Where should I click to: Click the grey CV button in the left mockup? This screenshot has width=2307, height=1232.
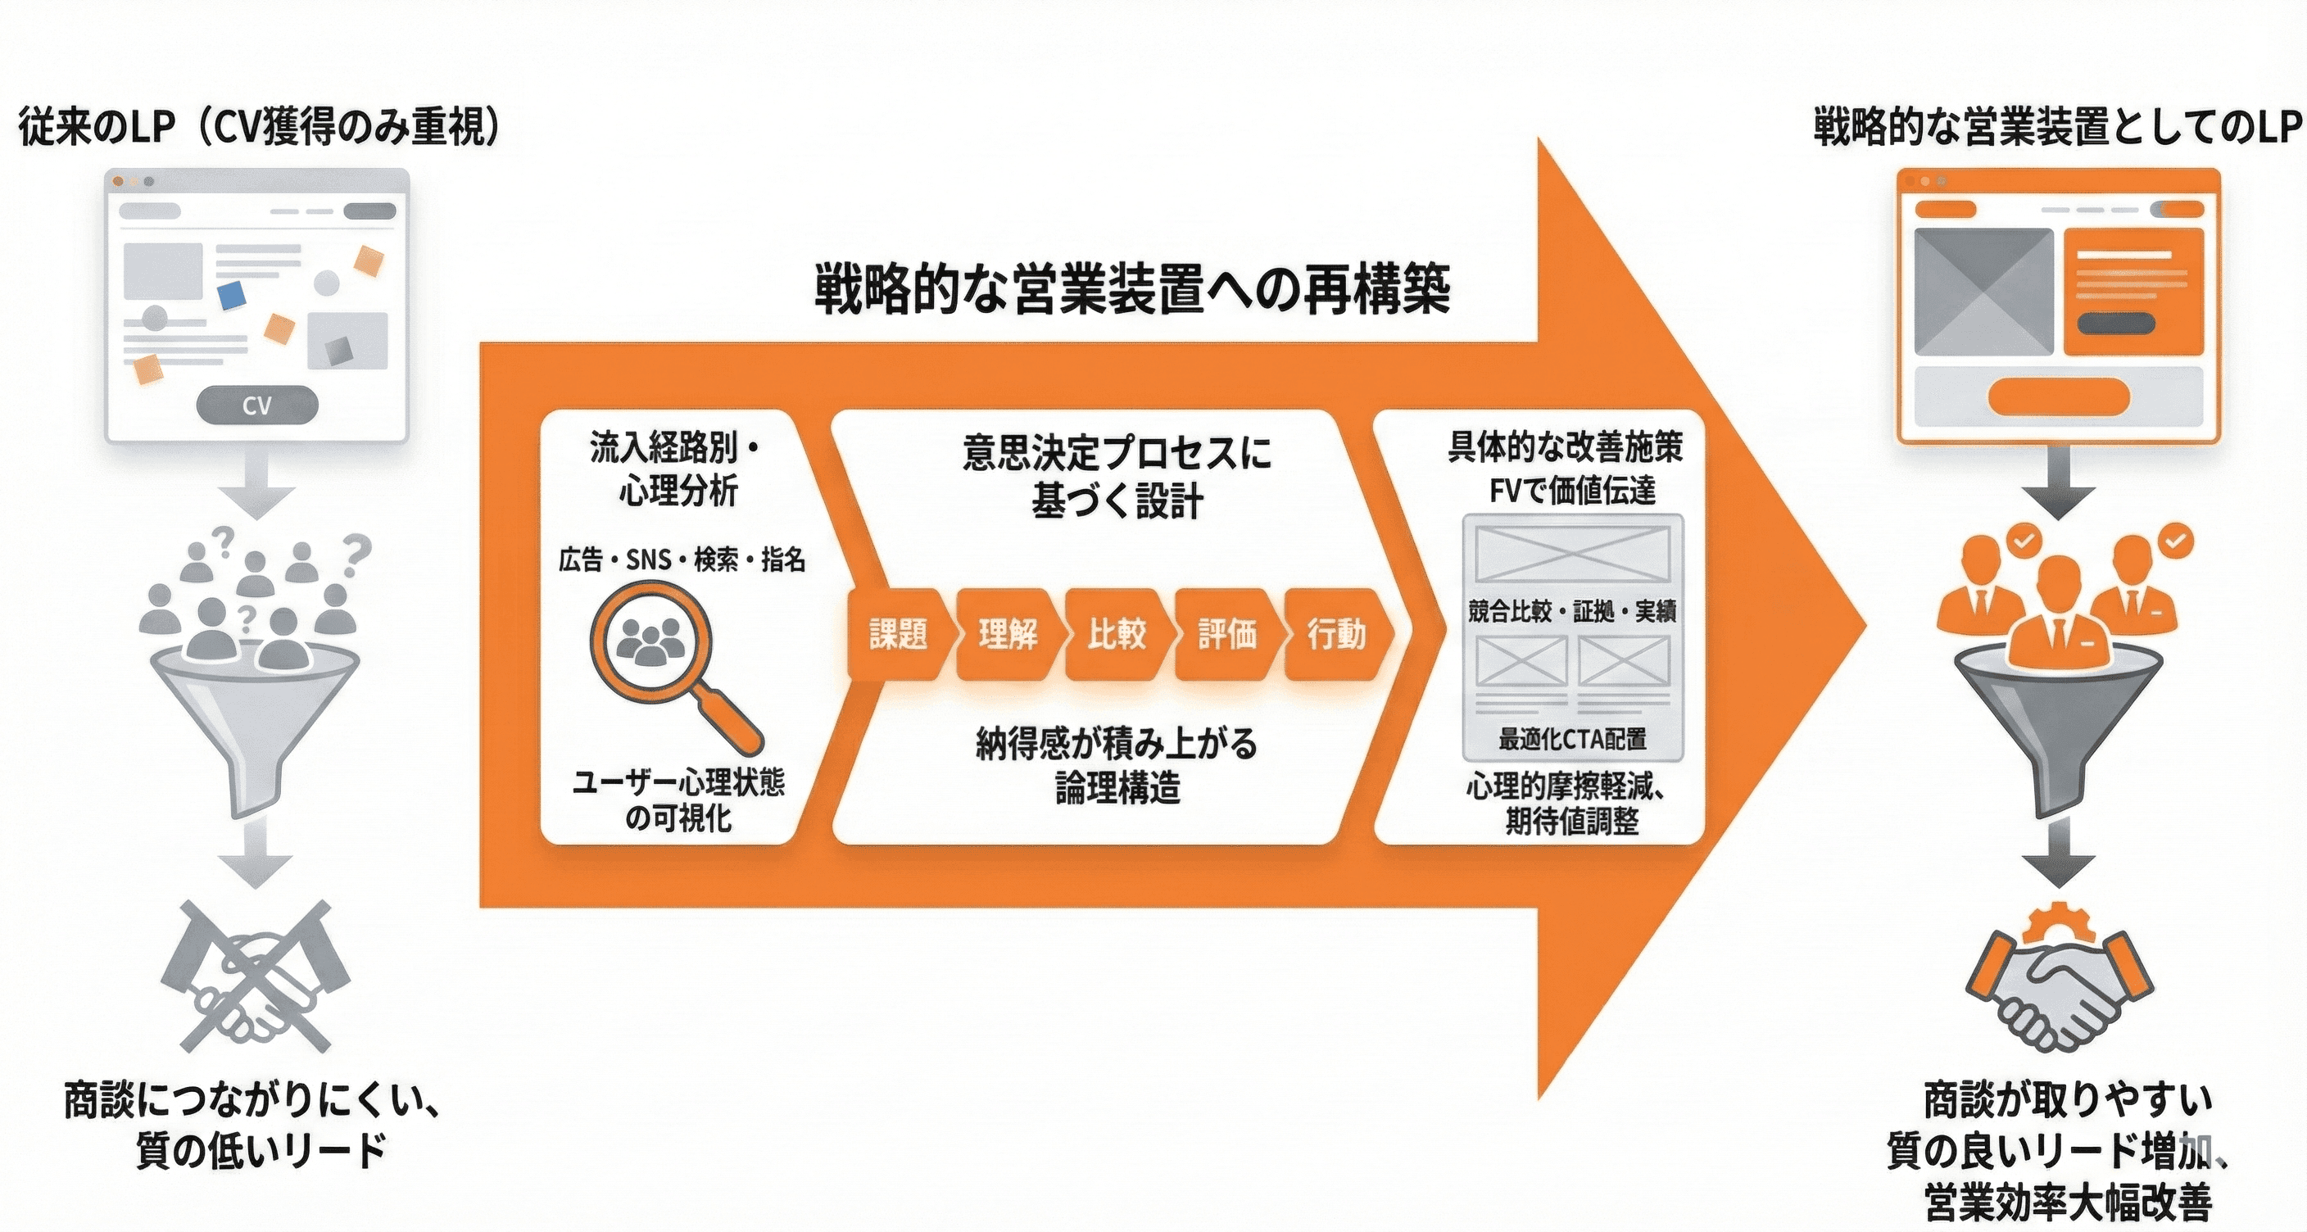257,405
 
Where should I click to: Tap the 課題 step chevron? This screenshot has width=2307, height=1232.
897,634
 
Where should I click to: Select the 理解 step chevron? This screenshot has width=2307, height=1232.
1008,634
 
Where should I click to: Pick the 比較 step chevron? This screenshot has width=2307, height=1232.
1117,634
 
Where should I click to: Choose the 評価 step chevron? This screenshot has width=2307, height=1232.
1227,634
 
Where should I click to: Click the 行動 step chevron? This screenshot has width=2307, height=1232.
1337,634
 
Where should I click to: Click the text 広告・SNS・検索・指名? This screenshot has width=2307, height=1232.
682,560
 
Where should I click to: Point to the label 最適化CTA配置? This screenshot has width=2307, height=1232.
1573,739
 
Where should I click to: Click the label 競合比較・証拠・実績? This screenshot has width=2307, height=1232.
1572,612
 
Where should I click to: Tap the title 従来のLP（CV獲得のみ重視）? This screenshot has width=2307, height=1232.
260,127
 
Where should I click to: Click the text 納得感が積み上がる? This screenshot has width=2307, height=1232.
1117,744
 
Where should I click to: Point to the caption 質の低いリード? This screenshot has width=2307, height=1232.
261,1151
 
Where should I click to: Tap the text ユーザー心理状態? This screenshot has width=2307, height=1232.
678,782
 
